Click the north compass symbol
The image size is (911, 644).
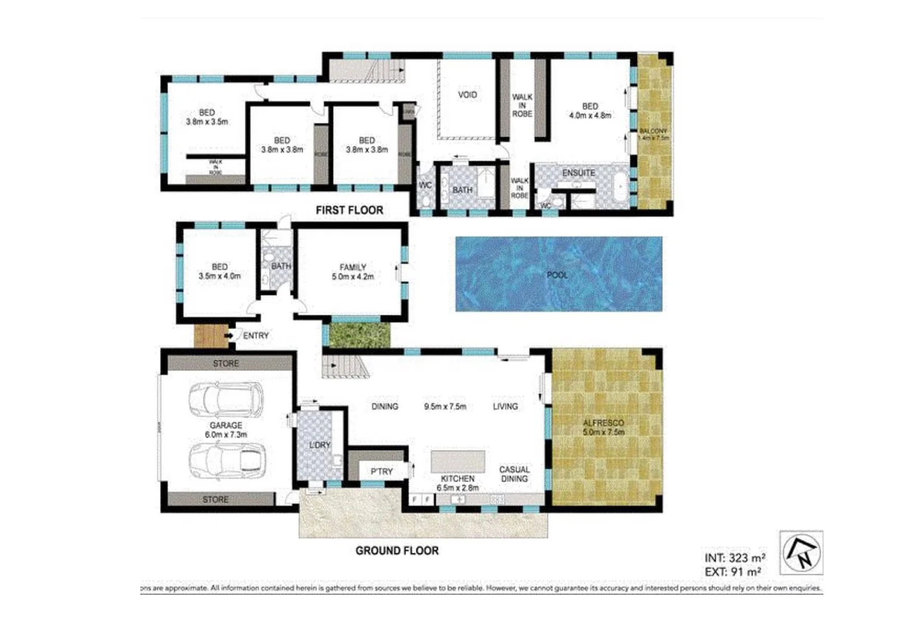(x=801, y=553)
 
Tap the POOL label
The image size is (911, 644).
(x=557, y=275)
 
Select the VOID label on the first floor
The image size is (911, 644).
(x=467, y=94)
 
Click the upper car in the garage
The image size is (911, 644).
(x=226, y=400)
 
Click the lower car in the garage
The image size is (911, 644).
(x=226, y=461)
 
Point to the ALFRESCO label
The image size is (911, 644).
(x=603, y=423)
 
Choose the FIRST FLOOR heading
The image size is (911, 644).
(x=349, y=210)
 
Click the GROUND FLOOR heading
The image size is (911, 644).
(x=397, y=550)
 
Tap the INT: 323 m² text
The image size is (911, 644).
(x=735, y=558)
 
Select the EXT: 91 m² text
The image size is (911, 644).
(x=733, y=572)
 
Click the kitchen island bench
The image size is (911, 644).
(x=458, y=462)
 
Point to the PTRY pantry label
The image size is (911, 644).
(x=382, y=471)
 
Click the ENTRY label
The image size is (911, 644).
(x=256, y=336)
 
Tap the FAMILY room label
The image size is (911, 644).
(x=353, y=267)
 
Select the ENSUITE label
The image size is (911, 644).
(x=578, y=173)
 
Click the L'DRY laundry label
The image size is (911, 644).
(x=320, y=445)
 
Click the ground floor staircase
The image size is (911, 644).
(x=346, y=366)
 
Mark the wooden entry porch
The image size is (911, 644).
(x=210, y=336)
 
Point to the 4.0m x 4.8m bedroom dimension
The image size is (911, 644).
(x=590, y=116)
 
